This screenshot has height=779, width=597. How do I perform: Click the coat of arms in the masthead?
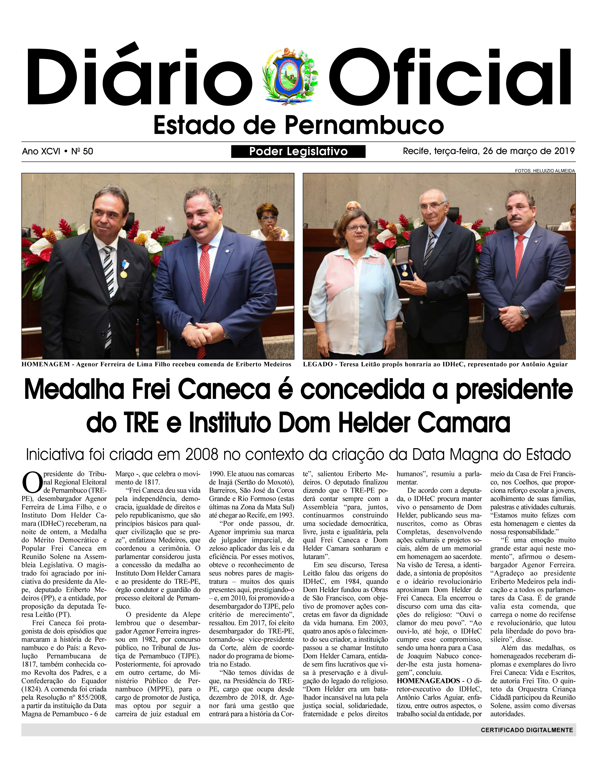click(x=290, y=76)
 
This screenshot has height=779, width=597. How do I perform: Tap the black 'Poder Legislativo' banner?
click(x=298, y=151)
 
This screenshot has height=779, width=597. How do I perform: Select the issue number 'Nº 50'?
click(x=82, y=151)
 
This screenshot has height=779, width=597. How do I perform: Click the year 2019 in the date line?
click(x=564, y=151)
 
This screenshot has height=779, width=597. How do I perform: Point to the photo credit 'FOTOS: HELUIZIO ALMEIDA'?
click(x=544, y=171)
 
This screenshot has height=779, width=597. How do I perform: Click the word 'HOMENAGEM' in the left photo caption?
click(x=45, y=364)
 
